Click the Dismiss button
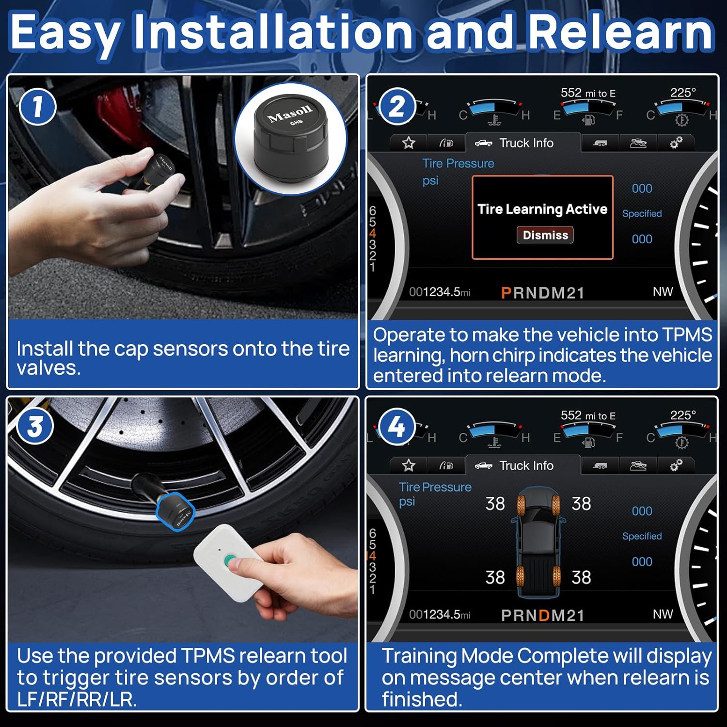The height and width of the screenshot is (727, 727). click(x=545, y=235)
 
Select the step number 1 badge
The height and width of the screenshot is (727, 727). click(x=38, y=107)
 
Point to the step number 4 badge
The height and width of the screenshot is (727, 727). click(x=397, y=427)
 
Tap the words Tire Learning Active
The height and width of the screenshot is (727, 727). click(x=542, y=209)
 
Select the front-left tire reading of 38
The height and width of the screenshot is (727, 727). click(x=495, y=504)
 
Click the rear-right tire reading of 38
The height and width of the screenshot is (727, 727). click(x=581, y=577)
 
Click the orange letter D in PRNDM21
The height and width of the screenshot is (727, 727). click(x=544, y=615)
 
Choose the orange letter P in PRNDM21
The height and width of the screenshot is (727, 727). click(x=506, y=293)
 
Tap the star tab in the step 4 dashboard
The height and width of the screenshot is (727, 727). click(x=409, y=466)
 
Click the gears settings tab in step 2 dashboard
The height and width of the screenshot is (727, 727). click(x=676, y=142)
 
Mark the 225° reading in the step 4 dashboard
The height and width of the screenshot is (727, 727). click(x=682, y=415)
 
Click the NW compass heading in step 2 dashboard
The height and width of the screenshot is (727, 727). click(x=663, y=291)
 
